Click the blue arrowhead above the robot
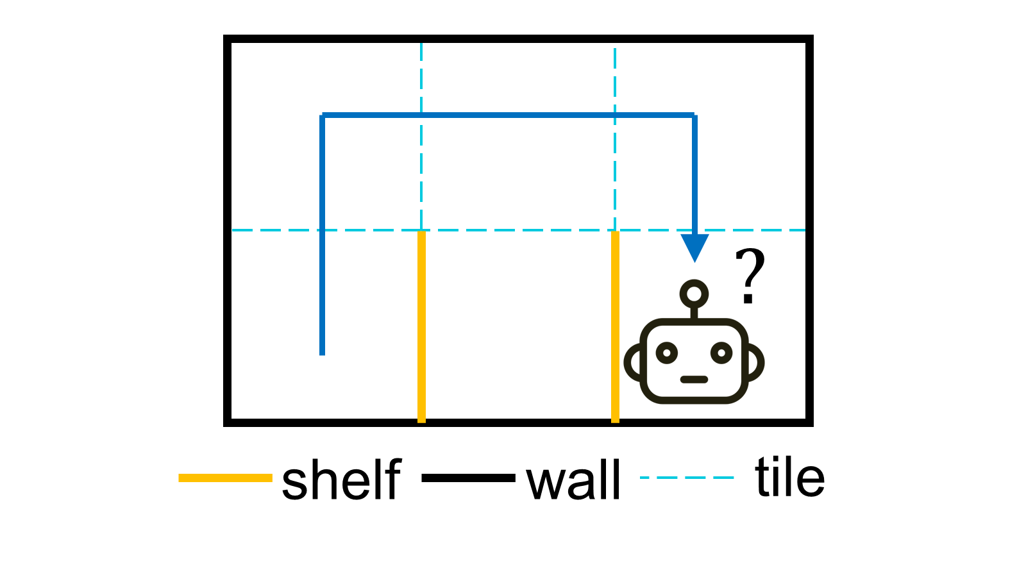pos(694,247)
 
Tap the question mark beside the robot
pos(750,276)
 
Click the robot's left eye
pos(667,353)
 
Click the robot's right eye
pos(721,353)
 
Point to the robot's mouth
pos(694,380)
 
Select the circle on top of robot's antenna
pos(694,294)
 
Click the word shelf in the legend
pos(341,480)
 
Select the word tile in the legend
pos(789,477)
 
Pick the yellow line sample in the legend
pos(225,478)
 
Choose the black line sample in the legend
pos(468,478)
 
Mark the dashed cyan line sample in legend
pos(687,478)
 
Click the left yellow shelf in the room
pos(421,327)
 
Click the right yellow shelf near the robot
pos(615,327)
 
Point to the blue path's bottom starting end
pos(322,351)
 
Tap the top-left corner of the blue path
pos(323,115)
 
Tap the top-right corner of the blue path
pos(694,115)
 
